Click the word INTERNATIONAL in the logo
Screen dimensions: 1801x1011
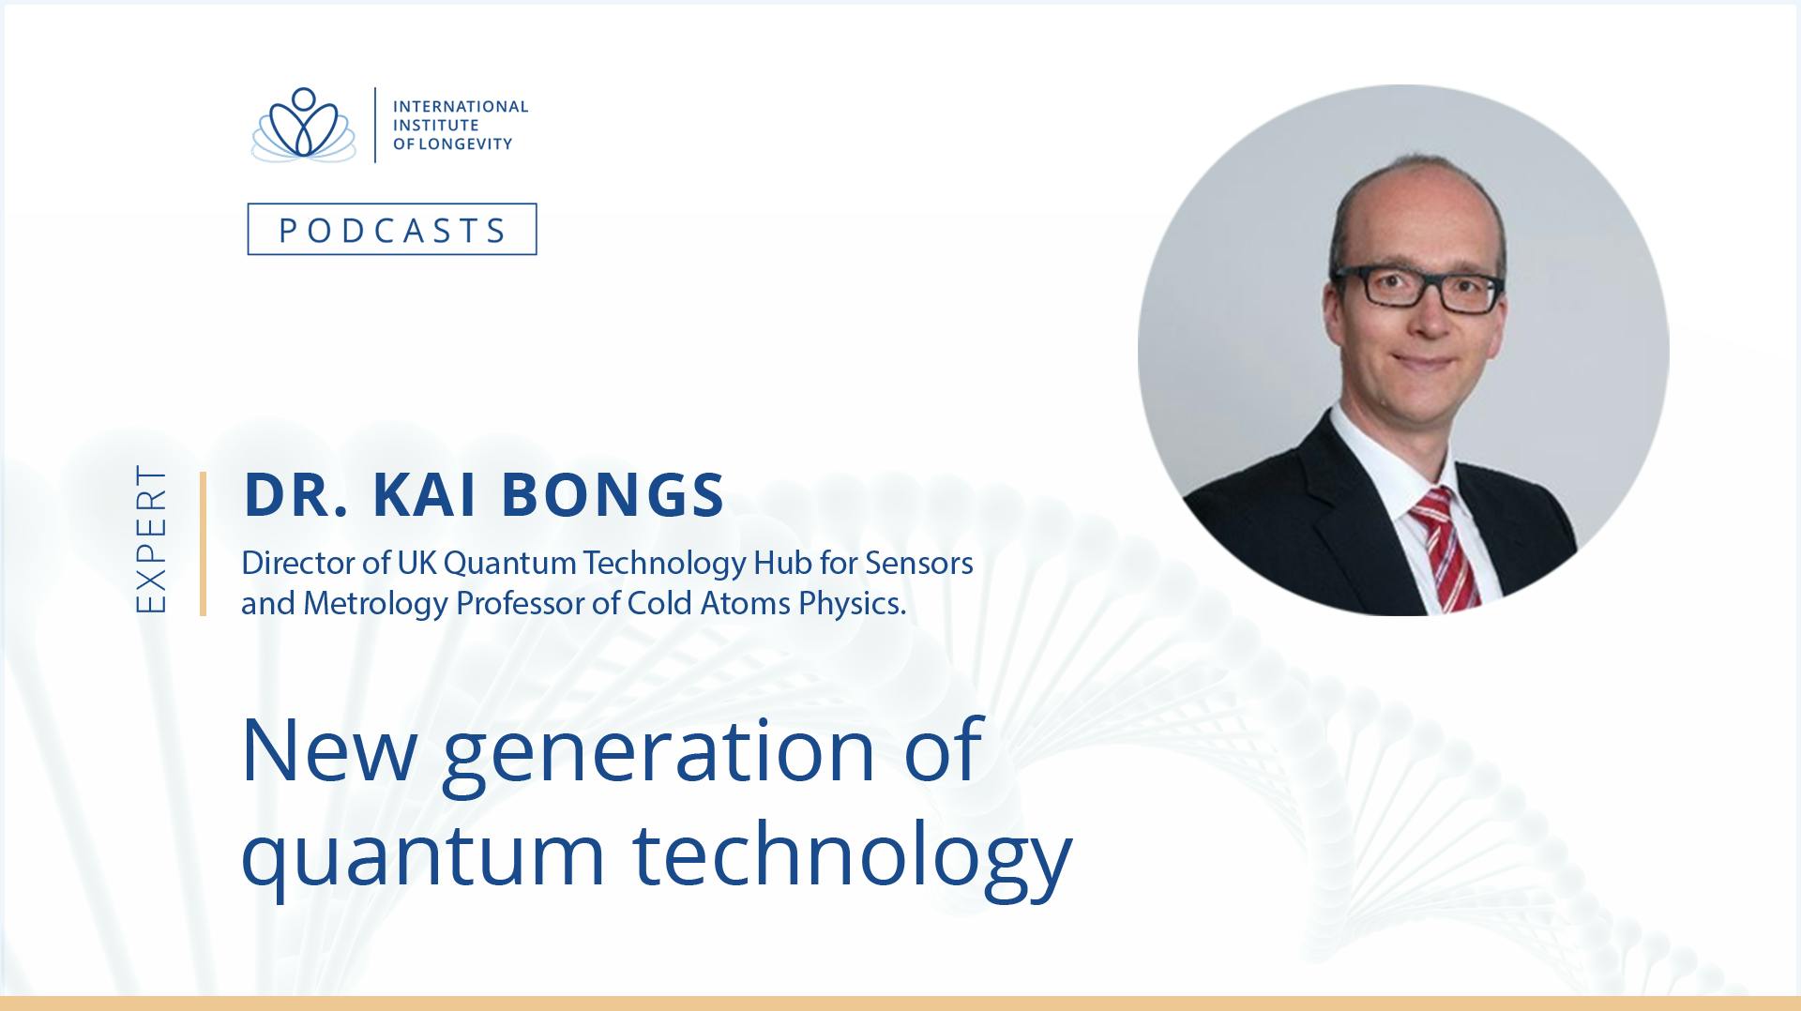[x=461, y=106]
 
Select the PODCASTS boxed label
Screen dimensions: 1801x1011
[x=392, y=229]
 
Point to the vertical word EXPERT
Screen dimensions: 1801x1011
[x=151, y=539]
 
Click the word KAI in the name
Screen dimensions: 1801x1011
[x=421, y=495]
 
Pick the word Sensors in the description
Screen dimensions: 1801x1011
[x=919, y=563]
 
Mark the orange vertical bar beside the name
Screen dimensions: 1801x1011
[x=203, y=544]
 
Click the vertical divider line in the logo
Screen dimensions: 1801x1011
[x=375, y=125]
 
